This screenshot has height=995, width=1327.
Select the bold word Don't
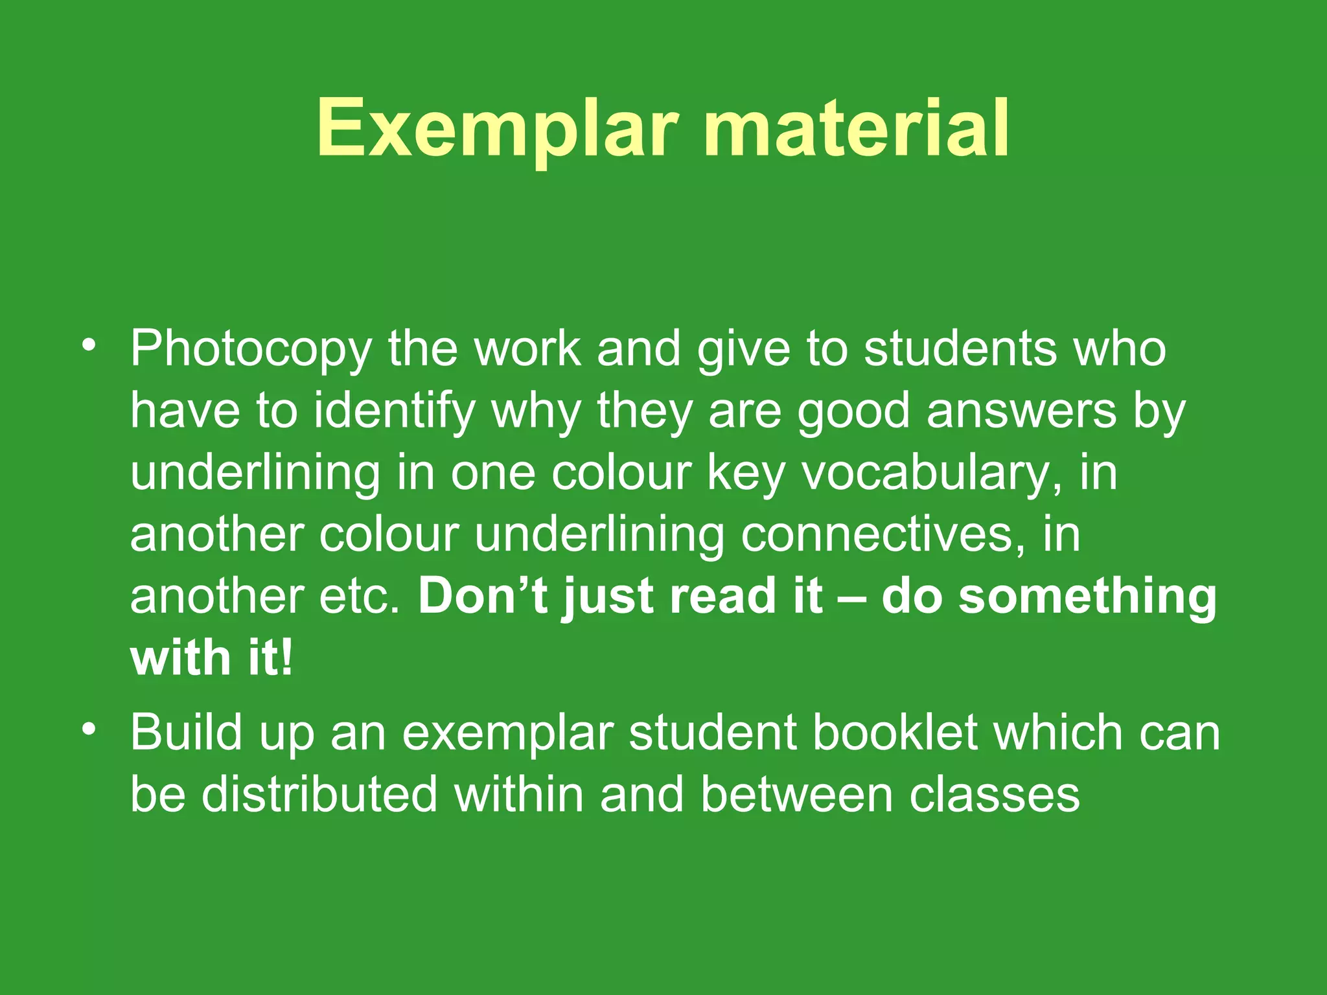pyautogui.click(x=482, y=597)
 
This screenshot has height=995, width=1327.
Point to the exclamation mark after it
pyautogui.click(x=287, y=658)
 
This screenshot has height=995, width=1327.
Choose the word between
pyautogui.click(x=797, y=795)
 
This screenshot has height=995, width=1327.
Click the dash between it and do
pyautogui.click(x=851, y=597)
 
